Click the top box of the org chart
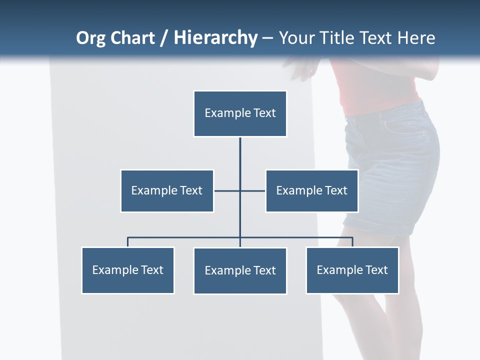[240, 113]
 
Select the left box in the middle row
[167, 191]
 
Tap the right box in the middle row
[311, 191]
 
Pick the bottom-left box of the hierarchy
[128, 270]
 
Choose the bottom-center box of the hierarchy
[240, 271]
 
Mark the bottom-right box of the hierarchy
[352, 270]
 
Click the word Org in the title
[90, 38]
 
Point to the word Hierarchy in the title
[215, 38]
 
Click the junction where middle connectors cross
[240, 191]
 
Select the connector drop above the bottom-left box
[128, 242]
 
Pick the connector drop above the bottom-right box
[352, 242]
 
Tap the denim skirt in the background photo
[395, 165]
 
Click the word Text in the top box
[264, 113]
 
